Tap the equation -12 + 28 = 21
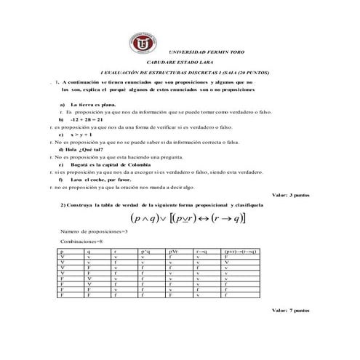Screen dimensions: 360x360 pyautogui.click(x=95, y=119)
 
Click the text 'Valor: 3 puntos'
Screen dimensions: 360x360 pyautogui.click(x=289, y=196)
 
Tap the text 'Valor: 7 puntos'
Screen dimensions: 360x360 pyautogui.click(x=289, y=311)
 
